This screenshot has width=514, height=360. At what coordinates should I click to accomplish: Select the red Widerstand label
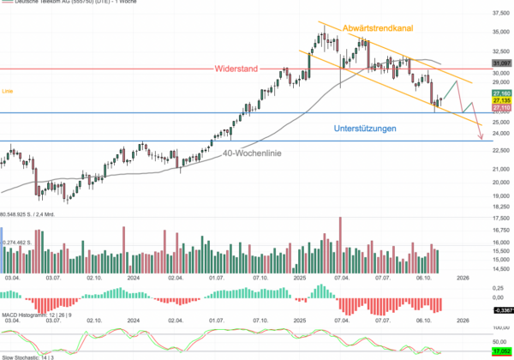tap(236, 68)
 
